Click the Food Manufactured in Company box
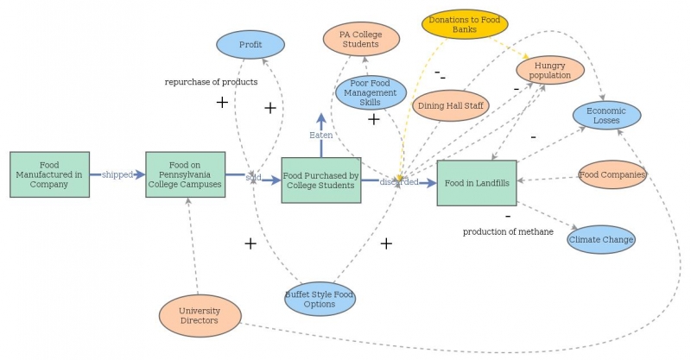(49, 174)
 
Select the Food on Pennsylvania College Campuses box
(185, 174)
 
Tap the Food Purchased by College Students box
(320, 180)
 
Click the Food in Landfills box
(477, 183)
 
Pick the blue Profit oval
(250, 44)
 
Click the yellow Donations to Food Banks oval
(465, 23)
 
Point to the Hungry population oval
(551, 70)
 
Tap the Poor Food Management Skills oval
(371, 92)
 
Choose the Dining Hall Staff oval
(451, 105)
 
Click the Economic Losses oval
(607, 116)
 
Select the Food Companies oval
(612, 174)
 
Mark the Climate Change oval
(601, 239)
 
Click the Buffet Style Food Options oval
(320, 299)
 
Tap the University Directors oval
(200, 316)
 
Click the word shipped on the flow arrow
(117, 174)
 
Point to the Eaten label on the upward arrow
(320, 136)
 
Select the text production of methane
(508, 231)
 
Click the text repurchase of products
(211, 82)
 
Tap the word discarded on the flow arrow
(399, 182)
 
